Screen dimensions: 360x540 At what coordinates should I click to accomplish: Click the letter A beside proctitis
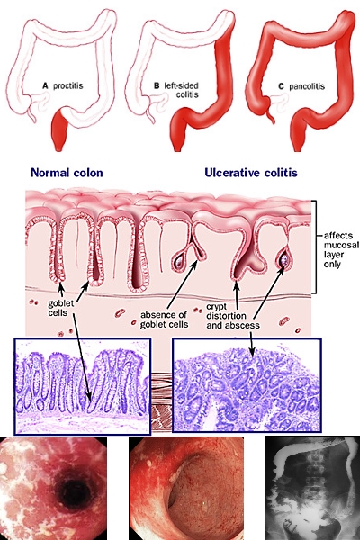point(45,85)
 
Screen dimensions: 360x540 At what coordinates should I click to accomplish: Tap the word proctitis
point(68,85)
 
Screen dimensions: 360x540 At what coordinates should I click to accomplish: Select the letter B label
point(157,85)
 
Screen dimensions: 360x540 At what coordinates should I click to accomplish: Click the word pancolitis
point(307,86)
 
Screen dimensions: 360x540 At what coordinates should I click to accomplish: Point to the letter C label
point(281,86)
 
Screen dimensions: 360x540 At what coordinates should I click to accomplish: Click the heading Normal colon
point(67,173)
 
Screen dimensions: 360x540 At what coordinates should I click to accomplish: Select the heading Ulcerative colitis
point(251,173)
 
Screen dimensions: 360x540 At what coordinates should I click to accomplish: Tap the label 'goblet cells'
point(61,308)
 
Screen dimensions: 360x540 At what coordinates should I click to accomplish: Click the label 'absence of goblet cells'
point(165,319)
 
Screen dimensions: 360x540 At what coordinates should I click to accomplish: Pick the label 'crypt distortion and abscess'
point(233,316)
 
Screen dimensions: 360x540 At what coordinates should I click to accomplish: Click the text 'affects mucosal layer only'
point(341,249)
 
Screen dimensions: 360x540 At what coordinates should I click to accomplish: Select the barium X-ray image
point(312,488)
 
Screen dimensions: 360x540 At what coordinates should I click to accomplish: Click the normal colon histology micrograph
point(82,386)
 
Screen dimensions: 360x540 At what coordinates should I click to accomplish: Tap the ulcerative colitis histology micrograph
point(247,384)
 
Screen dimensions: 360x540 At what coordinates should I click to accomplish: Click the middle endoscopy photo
point(186,489)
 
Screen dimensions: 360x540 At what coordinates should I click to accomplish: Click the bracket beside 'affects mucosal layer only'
point(314,247)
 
